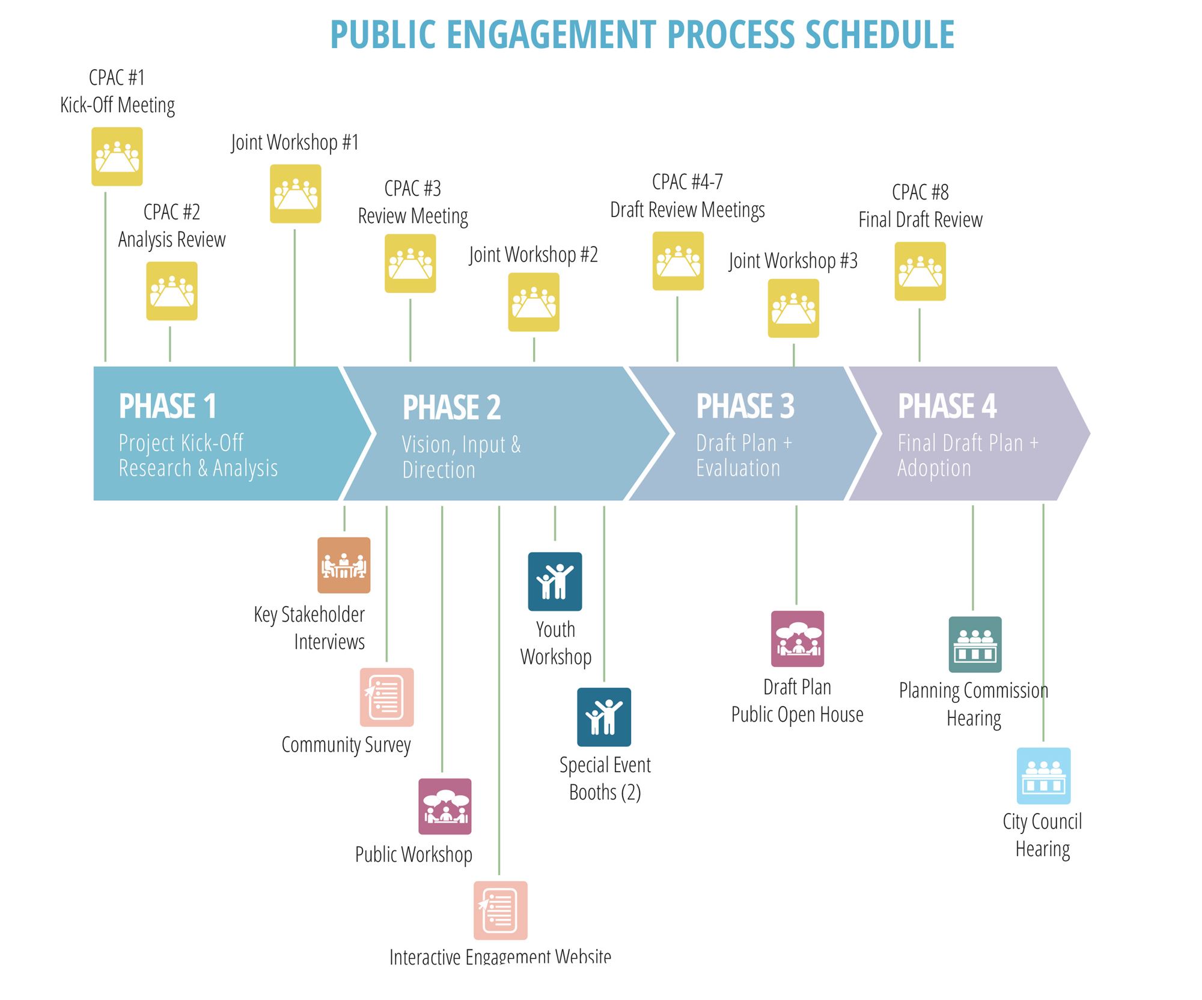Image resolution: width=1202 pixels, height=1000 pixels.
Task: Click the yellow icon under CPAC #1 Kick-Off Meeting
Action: pos(117,156)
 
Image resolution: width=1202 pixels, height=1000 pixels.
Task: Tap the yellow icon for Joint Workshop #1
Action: pos(296,194)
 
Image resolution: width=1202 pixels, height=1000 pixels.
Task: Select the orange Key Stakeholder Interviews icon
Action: pos(344,565)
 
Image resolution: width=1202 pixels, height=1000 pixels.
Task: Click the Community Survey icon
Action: pos(387,697)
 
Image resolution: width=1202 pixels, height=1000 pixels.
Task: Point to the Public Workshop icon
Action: pos(445,806)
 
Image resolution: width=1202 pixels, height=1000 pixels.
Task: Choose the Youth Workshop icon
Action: pos(555,581)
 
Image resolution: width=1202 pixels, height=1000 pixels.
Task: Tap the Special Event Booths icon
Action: pos(604,717)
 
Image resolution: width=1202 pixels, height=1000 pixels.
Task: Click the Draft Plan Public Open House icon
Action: pos(798,639)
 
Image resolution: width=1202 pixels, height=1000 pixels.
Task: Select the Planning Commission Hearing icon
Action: pos(975,644)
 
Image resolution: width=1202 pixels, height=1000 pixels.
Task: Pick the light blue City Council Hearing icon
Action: pos(1044,776)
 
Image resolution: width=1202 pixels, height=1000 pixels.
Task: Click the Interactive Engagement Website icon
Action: pos(501,910)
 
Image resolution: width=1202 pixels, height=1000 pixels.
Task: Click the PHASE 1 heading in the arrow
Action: pos(168,406)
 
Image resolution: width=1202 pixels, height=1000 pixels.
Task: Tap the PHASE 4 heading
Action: pos(947,406)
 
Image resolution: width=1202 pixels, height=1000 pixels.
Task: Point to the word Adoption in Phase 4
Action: pos(934,468)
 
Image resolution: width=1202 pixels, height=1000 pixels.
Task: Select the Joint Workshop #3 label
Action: pos(793,261)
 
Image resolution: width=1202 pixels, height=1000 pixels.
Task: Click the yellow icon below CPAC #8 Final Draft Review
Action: pos(920,271)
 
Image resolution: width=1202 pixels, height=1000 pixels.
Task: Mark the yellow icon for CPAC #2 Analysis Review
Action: pos(172,291)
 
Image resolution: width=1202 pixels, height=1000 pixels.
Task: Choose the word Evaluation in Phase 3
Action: pos(738,468)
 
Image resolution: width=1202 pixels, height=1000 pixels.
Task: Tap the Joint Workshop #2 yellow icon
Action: pos(534,302)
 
